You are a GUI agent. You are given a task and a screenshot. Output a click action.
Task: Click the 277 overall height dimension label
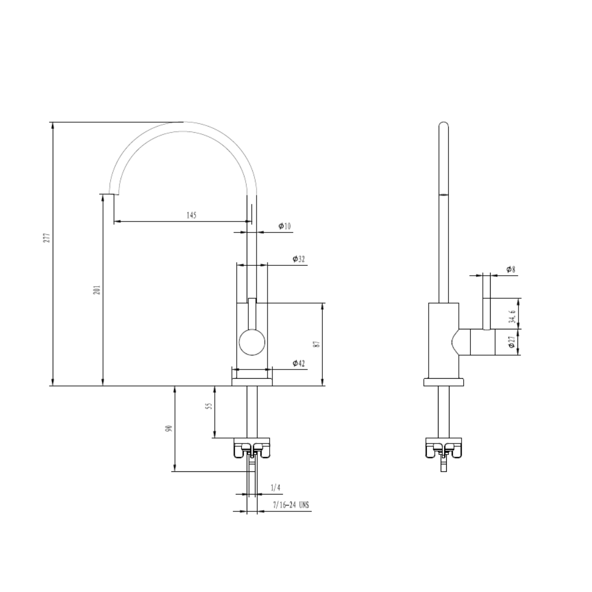[x=47, y=237]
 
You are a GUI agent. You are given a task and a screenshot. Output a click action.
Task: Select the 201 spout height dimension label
[x=96, y=289]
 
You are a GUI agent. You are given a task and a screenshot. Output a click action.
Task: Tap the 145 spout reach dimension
[x=191, y=215]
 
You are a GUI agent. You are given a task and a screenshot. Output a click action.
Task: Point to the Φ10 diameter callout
[x=284, y=226]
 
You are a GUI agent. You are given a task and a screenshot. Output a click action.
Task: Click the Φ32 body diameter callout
[x=299, y=259]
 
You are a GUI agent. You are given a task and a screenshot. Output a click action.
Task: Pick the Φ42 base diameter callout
[x=299, y=363]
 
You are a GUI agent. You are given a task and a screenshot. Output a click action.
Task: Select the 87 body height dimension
[x=316, y=344]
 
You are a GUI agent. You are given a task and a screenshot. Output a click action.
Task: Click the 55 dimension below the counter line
[x=208, y=407]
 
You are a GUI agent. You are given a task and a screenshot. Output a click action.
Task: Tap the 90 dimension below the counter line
[x=169, y=428]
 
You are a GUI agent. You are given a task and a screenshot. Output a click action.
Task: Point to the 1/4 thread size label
[x=275, y=487]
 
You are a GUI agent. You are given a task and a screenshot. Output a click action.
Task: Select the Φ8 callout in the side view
[x=510, y=269]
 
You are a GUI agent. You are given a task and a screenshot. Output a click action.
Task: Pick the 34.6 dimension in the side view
[x=512, y=317]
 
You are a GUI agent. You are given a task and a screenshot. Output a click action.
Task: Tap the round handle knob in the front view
[x=252, y=343]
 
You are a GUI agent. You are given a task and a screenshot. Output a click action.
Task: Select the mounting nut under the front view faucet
[x=252, y=447]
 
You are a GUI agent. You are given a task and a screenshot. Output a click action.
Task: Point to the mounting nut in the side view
[x=443, y=447]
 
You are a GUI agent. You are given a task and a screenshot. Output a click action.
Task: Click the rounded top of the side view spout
[x=443, y=125]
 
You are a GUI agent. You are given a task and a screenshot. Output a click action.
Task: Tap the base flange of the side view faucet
[x=443, y=382]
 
